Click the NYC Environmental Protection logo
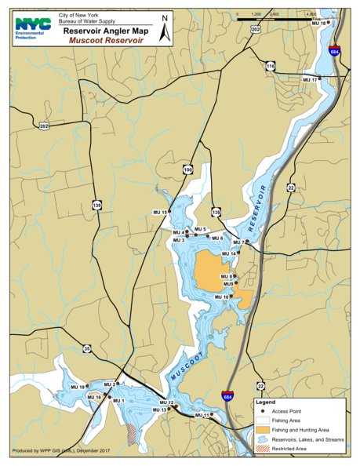pos(31,29)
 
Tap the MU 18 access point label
pos(318,24)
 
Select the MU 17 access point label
pos(310,80)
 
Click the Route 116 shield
pos(270,67)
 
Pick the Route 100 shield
pos(187,169)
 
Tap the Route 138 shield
pos(216,212)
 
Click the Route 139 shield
pos(96,205)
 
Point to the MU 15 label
pos(160,213)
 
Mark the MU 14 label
pos(228,254)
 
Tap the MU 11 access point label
pos(202,415)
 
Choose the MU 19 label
pos(76,388)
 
